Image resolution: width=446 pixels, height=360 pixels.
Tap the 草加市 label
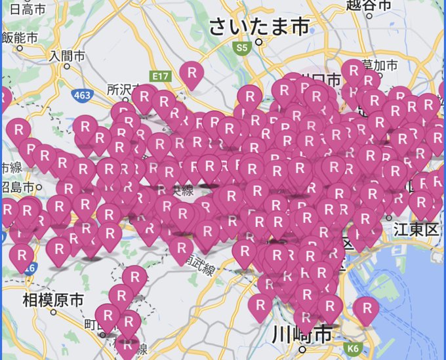tap(382, 65)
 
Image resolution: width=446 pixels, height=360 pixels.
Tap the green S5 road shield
tap(243, 48)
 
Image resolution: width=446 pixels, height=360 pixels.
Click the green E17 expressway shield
tap(160, 77)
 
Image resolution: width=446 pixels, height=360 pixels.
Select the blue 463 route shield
tap(83, 96)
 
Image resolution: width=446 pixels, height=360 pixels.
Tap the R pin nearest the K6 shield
tap(365, 309)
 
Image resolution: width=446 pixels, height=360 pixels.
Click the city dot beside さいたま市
tap(260, 41)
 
